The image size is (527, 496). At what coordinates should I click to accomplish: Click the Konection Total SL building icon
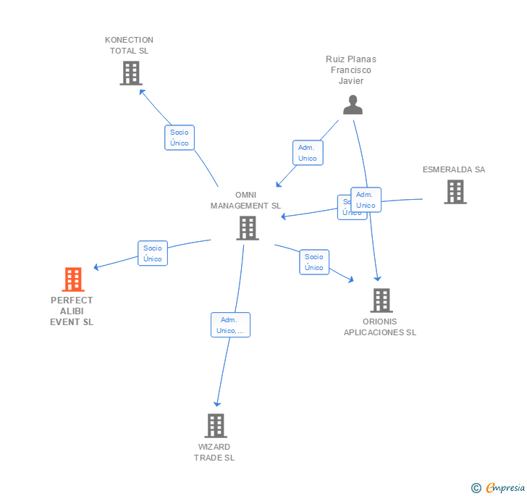pyautogui.click(x=130, y=73)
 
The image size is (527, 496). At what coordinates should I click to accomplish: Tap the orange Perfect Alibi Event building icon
pyautogui.click(x=72, y=279)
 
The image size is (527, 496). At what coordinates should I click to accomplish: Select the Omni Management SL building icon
pyautogui.click(x=248, y=228)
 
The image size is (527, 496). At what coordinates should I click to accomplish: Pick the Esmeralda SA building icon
pyautogui.click(x=455, y=192)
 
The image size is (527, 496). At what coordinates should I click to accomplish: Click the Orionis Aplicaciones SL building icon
pyautogui.click(x=381, y=300)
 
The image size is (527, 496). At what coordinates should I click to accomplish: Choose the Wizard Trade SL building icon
pyautogui.click(x=215, y=426)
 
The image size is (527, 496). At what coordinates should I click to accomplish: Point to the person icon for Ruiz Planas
pyautogui.click(x=353, y=105)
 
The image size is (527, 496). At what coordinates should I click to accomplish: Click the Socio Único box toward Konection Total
pyautogui.click(x=179, y=138)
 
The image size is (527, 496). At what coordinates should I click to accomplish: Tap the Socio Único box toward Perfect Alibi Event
pyautogui.click(x=152, y=253)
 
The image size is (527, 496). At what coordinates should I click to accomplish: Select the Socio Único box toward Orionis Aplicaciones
pyautogui.click(x=314, y=262)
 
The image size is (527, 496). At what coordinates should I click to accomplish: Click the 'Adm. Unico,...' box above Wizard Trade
pyautogui.click(x=230, y=325)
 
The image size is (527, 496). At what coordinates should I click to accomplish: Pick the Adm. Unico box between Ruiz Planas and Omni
pyautogui.click(x=308, y=153)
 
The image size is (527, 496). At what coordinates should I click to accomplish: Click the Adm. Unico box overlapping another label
pyautogui.click(x=366, y=200)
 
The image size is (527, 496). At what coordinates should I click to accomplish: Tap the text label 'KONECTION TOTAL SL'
pyautogui.click(x=129, y=45)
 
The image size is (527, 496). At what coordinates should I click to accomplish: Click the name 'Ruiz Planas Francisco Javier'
pyautogui.click(x=351, y=70)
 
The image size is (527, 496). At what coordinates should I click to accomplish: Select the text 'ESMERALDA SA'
pyautogui.click(x=454, y=169)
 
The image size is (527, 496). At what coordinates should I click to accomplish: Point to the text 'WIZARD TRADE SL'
pyautogui.click(x=214, y=452)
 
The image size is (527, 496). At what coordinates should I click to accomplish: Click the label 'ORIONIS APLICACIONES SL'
pyautogui.click(x=380, y=327)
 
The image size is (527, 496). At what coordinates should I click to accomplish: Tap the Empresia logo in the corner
pyautogui.click(x=499, y=487)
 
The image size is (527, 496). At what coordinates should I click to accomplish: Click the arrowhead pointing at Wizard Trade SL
pyautogui.click(x=216, y=404)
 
